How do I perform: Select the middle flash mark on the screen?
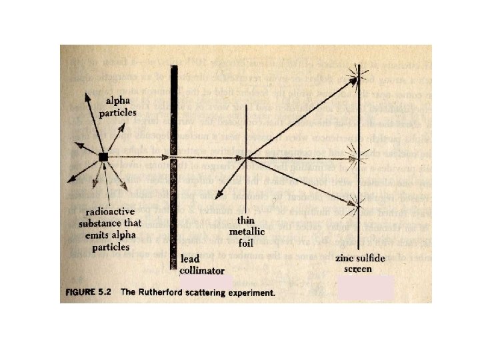coord(360,158)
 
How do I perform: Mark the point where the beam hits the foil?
coord(247,158)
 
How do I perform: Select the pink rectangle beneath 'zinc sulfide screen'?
coord(365,289)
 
